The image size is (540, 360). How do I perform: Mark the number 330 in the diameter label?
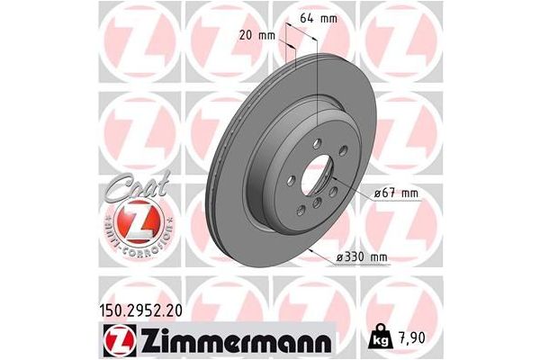tap(355, 256)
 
